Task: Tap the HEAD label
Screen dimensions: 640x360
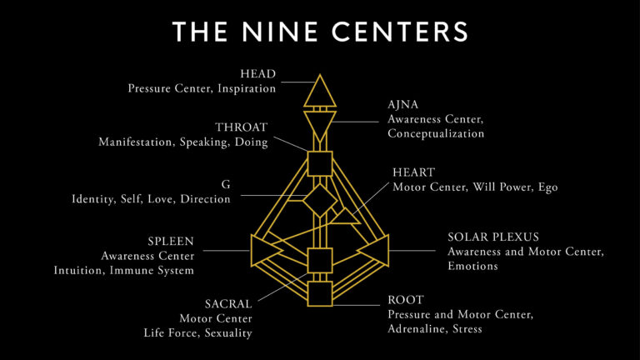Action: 258,74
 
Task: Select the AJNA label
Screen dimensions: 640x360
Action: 402,104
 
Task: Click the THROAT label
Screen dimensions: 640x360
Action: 241,127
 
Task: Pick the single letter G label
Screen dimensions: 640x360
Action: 226,184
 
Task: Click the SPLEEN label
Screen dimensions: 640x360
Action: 171,241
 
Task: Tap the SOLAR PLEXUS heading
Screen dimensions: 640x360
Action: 493,237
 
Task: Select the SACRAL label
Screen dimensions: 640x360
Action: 228,304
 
